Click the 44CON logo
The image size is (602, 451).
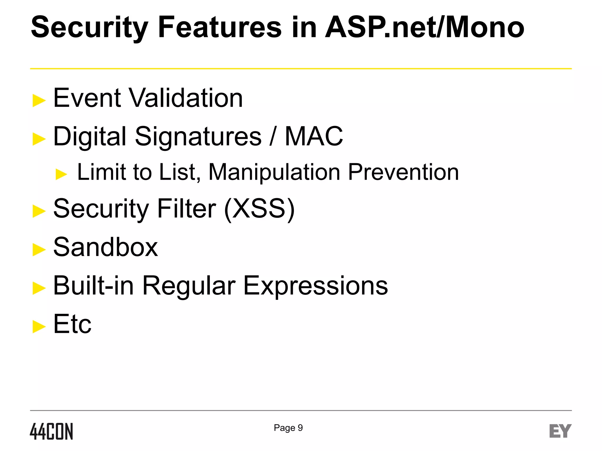click(x=51, y=431)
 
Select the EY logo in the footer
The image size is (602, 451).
click(x=560, y=431)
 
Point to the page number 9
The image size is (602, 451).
click(x=300, y=428)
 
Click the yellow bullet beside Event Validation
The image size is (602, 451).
click(x=39, y=100)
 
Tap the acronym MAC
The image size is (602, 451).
click(x=314, y=136)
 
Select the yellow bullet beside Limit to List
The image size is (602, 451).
click(x=61, y=174)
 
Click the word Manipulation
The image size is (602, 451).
click(x=274, y=172)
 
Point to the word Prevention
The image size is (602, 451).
click(x=403, y=172)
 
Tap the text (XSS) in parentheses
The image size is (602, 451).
click(x=259, y=209)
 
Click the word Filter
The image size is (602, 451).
click(x=187, y=208)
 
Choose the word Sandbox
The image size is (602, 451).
click(x=106, y=247)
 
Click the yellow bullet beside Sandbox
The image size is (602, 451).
click(x=39, y=250)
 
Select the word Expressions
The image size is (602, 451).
click(x=315, y=286)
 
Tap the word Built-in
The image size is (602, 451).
click(x=93, y=286)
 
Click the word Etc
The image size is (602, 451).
click(x=72, y=324)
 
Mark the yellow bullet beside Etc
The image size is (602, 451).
click(x=39, y=327)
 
